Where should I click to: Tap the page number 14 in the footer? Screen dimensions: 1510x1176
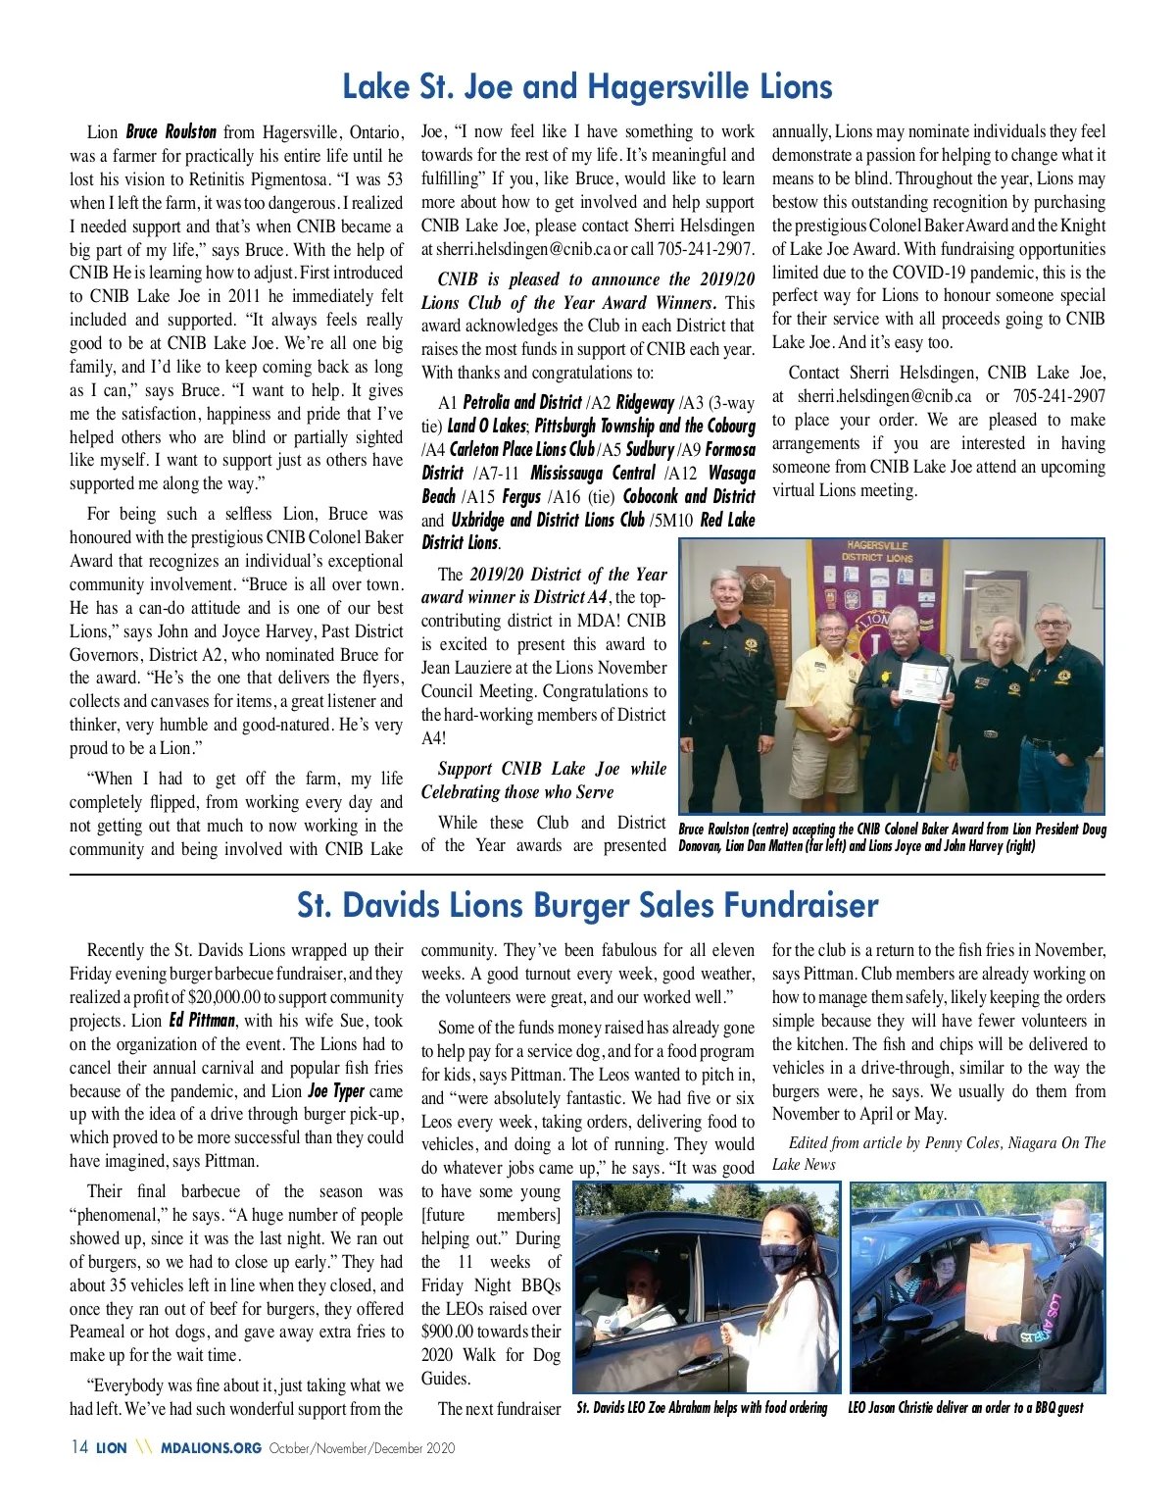pyautogui.click(x=79, y=1447)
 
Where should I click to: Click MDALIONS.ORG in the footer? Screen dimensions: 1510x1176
pyautogui.click(x=211, y=1448)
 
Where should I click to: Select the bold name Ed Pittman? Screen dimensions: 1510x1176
pyautogui.click(x=202, y=1021)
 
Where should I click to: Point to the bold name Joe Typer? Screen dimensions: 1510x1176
pyautogui.click(x=335, y=1091)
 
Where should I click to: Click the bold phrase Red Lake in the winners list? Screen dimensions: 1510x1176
pyautogui.click(x=727, y=520)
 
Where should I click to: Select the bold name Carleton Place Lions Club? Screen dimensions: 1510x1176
pyautogui.click(x=522, y=449)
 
